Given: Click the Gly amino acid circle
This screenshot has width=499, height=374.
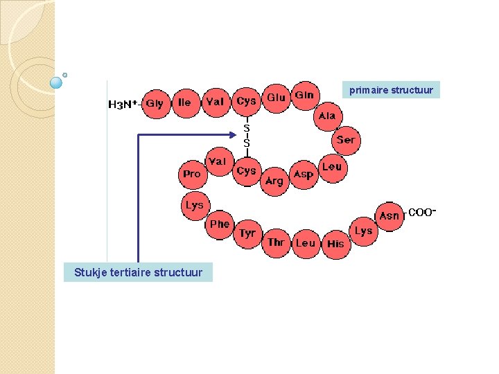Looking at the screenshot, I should (x=156, y=103).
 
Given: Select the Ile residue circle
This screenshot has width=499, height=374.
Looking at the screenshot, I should (x=185, y=102).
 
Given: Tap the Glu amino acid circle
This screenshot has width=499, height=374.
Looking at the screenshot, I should (x=277, y=98).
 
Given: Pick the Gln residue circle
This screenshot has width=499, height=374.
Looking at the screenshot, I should (x=304, y=95).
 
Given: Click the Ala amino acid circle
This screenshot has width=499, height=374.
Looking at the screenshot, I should (x=326, y=116).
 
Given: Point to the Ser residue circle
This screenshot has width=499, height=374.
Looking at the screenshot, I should (x=345, y=140).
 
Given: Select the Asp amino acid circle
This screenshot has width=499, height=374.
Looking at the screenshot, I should (x=304, y=175).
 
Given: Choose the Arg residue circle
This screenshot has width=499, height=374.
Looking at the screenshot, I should (x=274, y=181).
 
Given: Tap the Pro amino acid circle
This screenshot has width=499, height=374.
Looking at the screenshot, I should (x=192, y=174).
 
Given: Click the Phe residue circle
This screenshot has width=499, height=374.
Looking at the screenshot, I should (x=220, y=224).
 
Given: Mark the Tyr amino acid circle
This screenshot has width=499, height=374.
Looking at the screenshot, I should (x=247, y=234).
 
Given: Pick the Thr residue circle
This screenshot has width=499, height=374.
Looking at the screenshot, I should (x=276, y=242).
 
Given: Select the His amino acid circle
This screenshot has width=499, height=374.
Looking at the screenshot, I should (x=335, y=244).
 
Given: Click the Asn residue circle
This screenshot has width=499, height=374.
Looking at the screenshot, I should (x=390, y=216).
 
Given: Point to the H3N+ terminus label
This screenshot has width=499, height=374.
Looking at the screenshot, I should (x=123, y=105).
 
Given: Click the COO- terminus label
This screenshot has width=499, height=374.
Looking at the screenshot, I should (x=422, y=213).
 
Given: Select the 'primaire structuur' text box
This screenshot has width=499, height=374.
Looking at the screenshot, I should (x=392, y=90).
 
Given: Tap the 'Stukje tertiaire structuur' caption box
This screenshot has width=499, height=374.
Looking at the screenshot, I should (x=139, y=272).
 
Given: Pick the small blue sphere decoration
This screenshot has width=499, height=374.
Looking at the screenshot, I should (x=57, y=82).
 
